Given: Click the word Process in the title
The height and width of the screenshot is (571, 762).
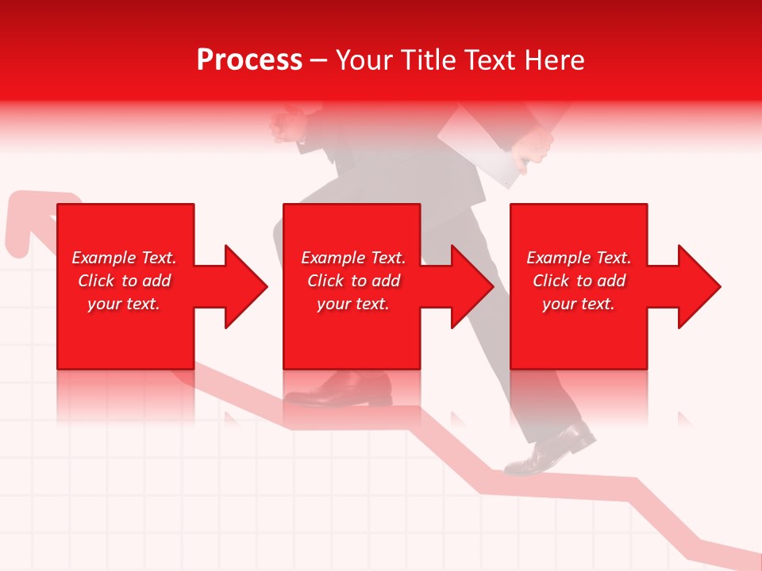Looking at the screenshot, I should click(x=249, y=60).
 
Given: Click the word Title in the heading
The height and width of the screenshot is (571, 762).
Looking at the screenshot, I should click(x=429, y=60).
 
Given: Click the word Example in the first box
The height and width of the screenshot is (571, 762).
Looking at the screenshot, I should click(x=103, y=258).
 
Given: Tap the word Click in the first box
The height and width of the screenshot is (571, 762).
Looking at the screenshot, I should click(x=97, y=281).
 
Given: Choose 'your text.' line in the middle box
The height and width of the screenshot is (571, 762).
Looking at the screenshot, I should click(x=353, y=304).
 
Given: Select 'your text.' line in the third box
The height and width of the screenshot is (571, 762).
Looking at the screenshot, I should click(x=579, y=304).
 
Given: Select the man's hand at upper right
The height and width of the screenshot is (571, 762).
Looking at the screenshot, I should click(x=533, y=147).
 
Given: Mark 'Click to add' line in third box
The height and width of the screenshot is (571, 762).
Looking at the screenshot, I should click(x=579, y=281).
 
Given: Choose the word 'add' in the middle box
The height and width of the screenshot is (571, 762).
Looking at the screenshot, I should click(x=386, y=281).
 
